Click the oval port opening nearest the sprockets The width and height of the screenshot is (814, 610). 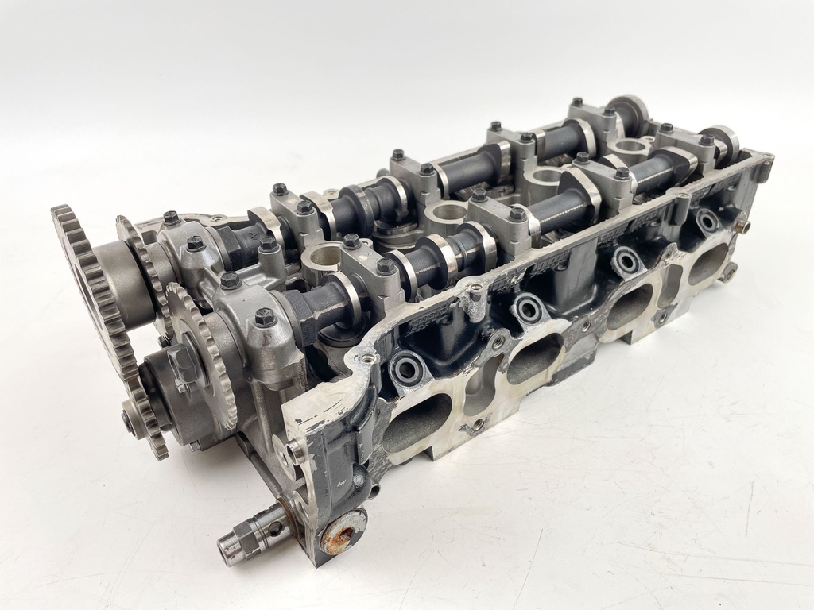click(x=417, y=422)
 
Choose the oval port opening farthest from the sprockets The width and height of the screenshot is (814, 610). click(x=707, y=264)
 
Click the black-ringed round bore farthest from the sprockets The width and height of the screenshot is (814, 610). click(x=707, y=221)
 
